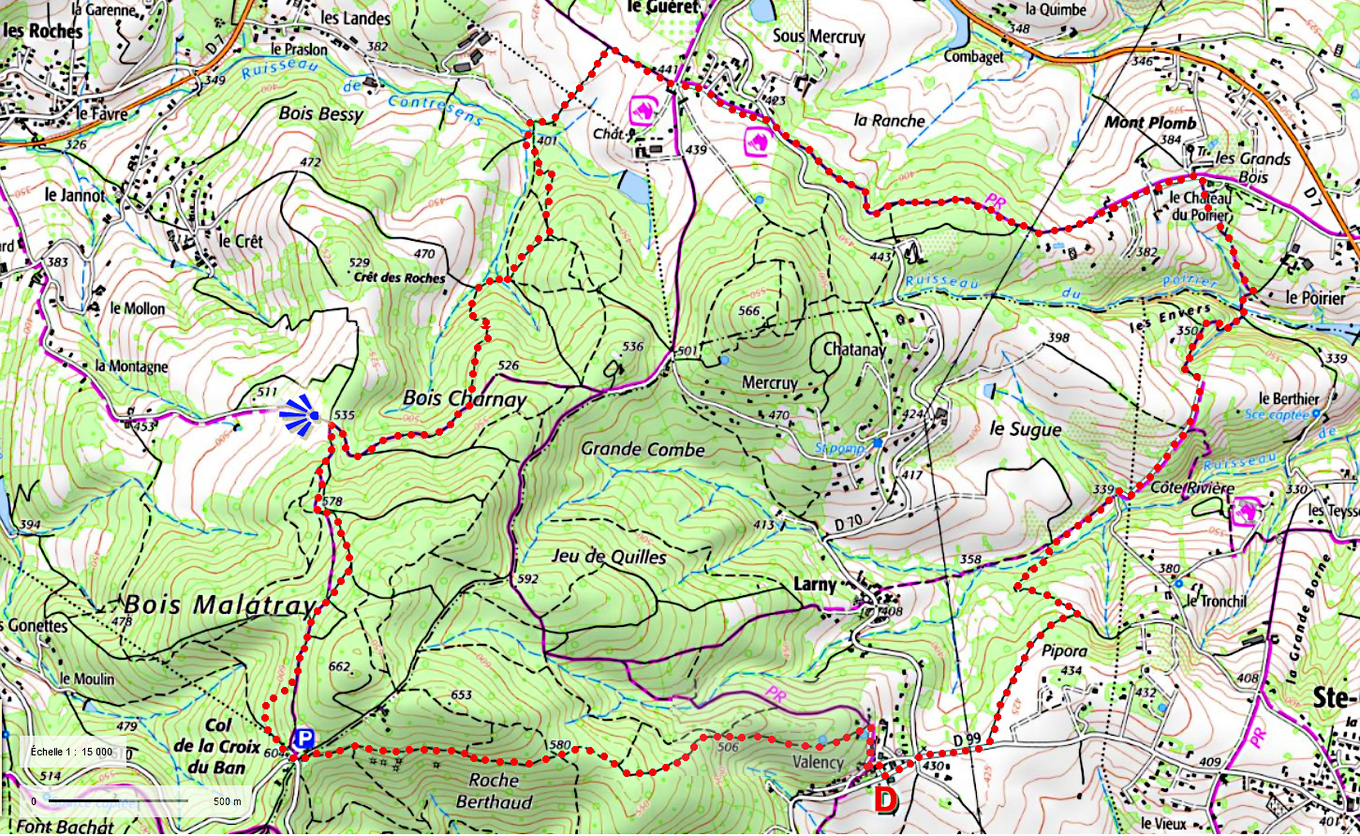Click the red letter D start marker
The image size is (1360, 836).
(x=885, y=800)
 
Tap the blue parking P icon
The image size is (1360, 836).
(x=302, y=738)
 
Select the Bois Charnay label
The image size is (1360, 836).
(x=465, y=398)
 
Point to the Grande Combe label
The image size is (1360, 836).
(x=643, y=449)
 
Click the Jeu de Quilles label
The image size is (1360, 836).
(x=609, y=557)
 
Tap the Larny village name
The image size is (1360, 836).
(x=814, y=584)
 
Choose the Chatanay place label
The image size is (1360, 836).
(x=854, y=350)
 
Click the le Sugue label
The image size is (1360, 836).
(x=1026, y=429)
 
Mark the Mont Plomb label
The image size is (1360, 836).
(x=1150, y=123)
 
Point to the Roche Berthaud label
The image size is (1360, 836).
(x=494, y=791)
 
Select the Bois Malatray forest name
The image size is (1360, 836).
(x=218, y=605)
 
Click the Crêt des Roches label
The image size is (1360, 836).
(x=399, y=277)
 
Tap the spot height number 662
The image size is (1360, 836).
(x=339, y=667)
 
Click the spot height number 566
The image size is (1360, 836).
(x=748, y=311)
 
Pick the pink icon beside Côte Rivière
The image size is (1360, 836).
(x=1246, y=512)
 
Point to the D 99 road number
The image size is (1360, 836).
(x=967, y=739)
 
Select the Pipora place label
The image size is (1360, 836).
(x=1064, y=650)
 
